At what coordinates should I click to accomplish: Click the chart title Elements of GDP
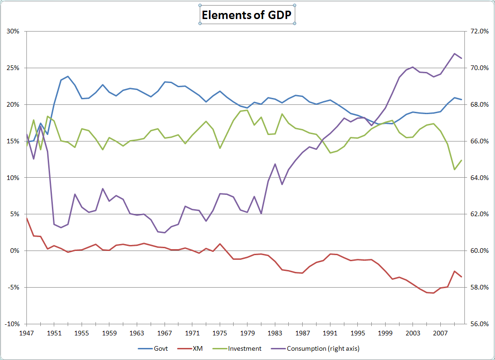[247, 15]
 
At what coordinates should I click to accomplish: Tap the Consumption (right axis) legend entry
[323, 348]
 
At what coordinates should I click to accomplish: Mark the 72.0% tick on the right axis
[477, 32]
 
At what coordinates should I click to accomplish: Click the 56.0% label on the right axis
[477, 324]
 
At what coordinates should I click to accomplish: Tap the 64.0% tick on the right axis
[477, 178]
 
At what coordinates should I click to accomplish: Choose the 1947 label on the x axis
[27, 333]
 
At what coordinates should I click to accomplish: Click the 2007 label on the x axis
[440, 333]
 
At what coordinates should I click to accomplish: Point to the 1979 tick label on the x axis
[247, 333]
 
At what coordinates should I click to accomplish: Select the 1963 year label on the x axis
[137, 333]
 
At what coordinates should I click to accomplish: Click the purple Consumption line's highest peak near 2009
[454, 53]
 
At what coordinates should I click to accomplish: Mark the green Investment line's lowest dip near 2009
[454, 169]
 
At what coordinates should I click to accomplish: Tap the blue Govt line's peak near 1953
[68, 76]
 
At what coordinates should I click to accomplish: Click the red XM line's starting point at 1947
[27, 218]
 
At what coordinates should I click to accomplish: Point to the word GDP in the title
[279, 15]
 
